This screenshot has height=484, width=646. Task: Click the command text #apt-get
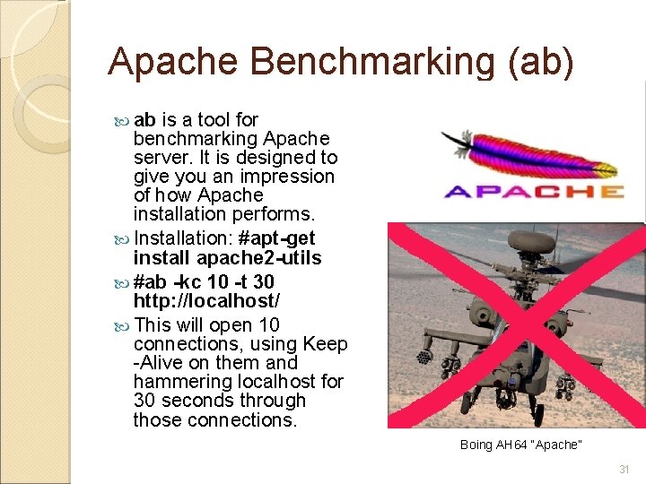coord(280,239)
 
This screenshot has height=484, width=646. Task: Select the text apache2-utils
coord(258,258)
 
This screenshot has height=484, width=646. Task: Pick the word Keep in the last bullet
coord(325,344)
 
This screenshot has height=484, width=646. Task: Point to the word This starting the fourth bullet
coord(153,325)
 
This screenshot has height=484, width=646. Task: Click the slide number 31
coord(624,470)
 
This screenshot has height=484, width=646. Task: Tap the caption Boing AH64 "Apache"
coord(521,445)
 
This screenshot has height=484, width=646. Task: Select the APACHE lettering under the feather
coord(534,191)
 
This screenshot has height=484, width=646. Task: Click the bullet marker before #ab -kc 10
coord(123,278)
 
